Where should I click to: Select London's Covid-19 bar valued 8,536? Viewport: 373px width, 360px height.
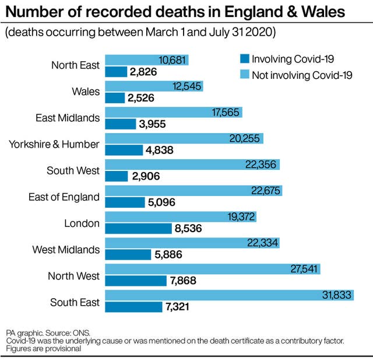coord(139,229)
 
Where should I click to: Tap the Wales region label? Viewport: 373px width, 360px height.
coord(86,91)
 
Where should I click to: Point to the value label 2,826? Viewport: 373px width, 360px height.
coord(144,72)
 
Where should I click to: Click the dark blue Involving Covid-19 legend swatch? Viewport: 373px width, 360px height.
coord(244,58)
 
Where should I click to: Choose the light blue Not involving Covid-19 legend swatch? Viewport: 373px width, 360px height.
coord(244,74)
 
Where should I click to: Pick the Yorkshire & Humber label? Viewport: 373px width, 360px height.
coord(54,144)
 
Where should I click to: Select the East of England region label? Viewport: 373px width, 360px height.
coord(64,197)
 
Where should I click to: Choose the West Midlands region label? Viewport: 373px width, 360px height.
coord(66,250)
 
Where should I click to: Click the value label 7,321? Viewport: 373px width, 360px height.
coord(178,307)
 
